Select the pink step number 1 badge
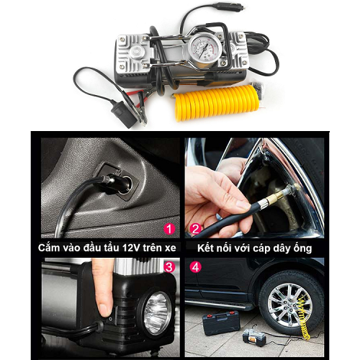(x=169, y=229)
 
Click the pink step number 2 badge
(x=196, y=229)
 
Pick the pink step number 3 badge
(x=169, y=267)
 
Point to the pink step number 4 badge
(x=196, y=267)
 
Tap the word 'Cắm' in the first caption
(x=49, y=248)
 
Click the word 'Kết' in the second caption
(x=205, y=248)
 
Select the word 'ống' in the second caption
(x=302, y=248)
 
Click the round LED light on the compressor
(x=157, y=312)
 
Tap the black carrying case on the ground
(x=221, y=323)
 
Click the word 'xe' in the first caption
(x=171, y=248)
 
